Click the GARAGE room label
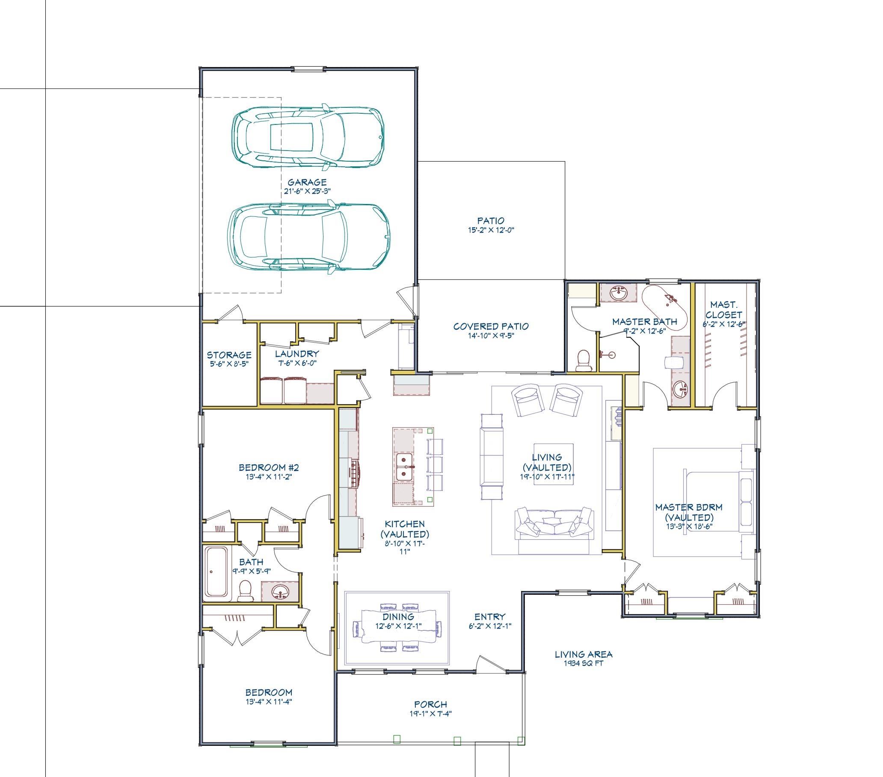tap(307, 182)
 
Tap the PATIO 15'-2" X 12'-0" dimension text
tap(491, 230)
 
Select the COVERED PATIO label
tap(491, 327)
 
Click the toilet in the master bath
tap(585, 360)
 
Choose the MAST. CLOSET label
tap(723, 310)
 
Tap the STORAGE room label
tap(229, 355)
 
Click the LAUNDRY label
tap(297, 354)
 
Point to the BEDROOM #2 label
tap(269, 467)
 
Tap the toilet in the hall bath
tap(246, 591)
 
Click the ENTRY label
tap(490, 617)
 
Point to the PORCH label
tap(430, 704)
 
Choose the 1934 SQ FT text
tap(583, 663)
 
